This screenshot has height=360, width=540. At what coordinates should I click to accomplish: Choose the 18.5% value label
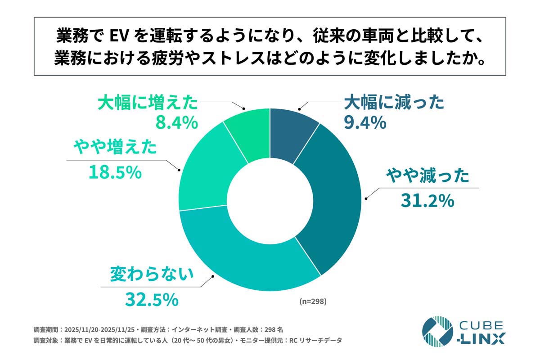point(115,172)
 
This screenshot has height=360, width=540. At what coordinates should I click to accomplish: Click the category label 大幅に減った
point(394,103)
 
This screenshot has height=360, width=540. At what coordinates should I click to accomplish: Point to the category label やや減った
point(427,175)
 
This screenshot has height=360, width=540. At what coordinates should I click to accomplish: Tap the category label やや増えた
point(115,147)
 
